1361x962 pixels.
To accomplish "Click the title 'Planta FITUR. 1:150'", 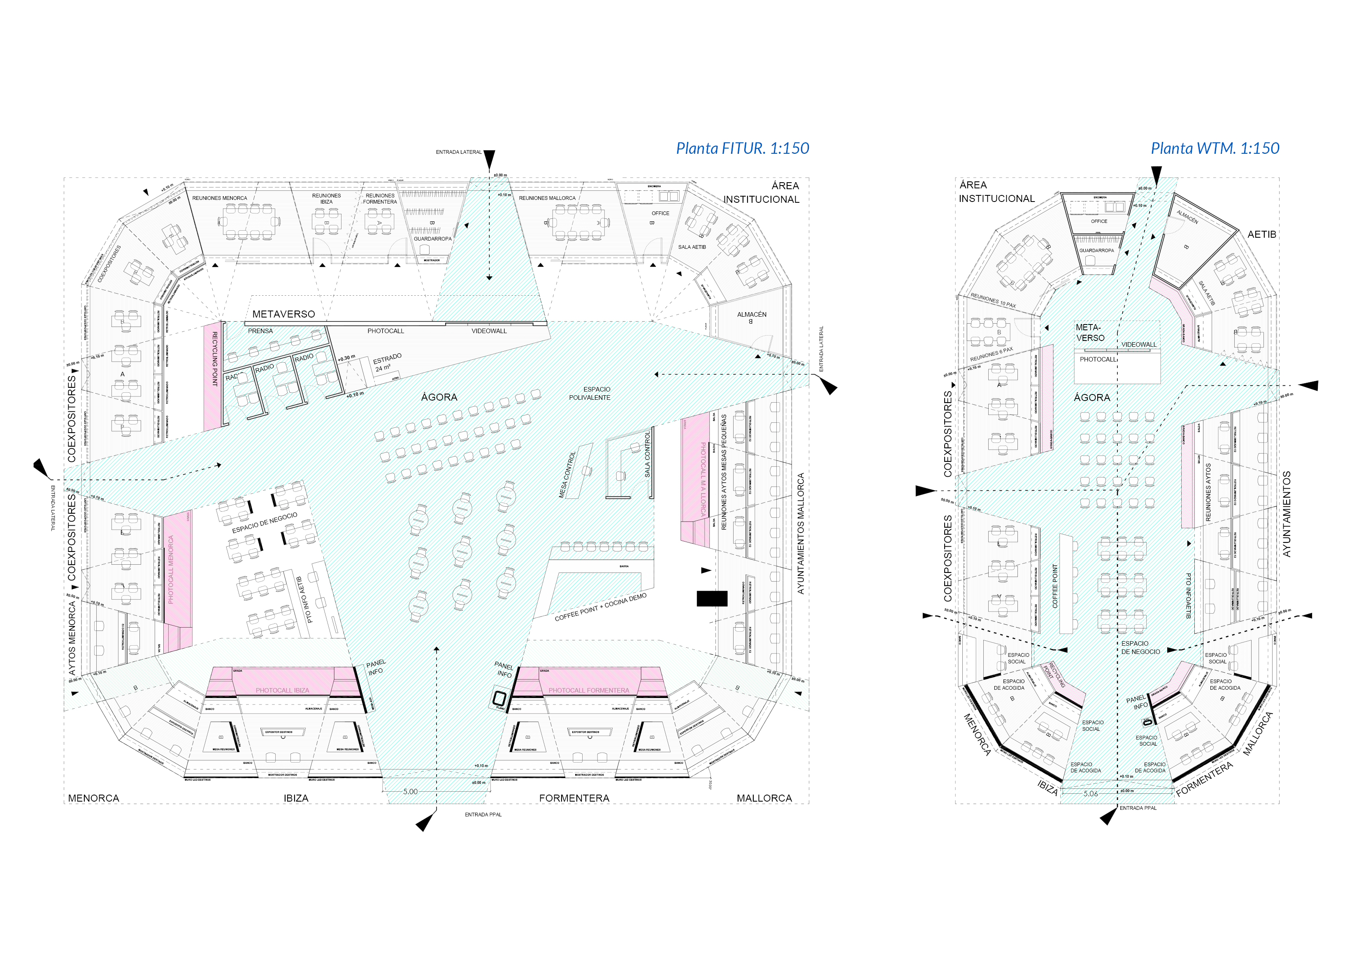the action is [742, 148].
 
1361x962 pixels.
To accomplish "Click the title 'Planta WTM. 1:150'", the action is [1215, 148].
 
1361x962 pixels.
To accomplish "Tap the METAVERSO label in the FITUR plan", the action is [283, 314].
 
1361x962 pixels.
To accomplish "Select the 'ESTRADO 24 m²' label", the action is [388, 363].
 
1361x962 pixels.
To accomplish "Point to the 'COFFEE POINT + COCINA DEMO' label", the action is [600, 607].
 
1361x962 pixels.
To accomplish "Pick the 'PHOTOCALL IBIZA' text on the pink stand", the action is [282, 691].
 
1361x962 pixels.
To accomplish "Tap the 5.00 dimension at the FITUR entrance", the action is [410, 791].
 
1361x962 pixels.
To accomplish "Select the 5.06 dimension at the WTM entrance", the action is [1091, 794].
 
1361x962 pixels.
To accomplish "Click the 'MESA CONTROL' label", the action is [567, 474].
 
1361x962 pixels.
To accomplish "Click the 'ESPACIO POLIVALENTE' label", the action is [590, 394].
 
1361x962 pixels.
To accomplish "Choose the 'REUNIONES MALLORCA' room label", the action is [547, 198].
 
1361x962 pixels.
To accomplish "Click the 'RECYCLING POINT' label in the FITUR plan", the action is [215, 359].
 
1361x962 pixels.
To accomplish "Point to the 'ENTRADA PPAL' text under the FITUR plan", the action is [483, 814].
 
